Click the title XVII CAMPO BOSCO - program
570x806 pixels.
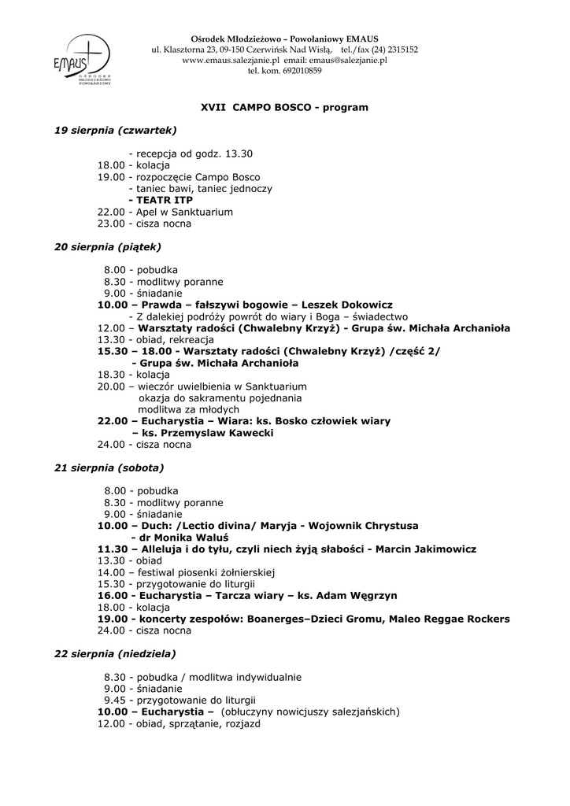pos(285,106)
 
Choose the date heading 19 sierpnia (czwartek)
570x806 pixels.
pos(115,129)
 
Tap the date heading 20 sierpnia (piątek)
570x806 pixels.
pos(107,246)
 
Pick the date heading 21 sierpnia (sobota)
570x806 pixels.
pos(109,468)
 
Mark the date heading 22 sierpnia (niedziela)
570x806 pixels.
pos(115,653)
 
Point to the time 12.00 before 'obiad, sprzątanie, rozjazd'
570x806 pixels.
pos(110,723)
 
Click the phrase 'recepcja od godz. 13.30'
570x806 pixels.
pos(194,153)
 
